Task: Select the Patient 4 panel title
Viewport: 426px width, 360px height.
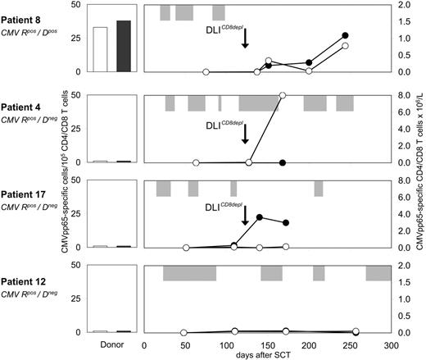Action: pos(23,103)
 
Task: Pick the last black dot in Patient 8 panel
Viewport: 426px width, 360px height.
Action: pos(345,36)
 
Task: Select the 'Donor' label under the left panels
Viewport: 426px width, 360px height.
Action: pos(111,345)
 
